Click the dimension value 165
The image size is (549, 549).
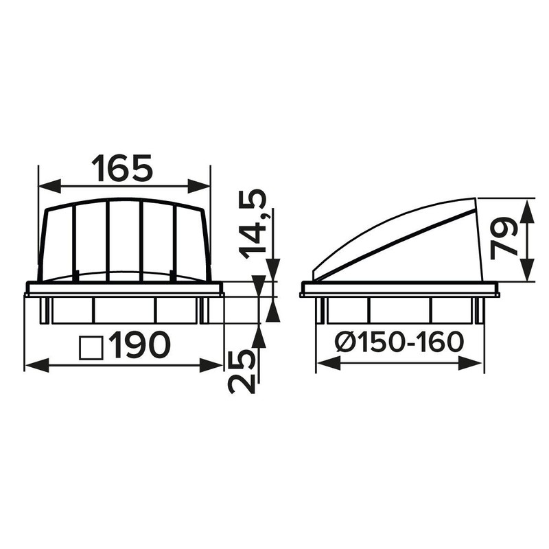pyautogui.click(x=122, y=169)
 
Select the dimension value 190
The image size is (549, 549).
pyautogui.click(x=140, y=345)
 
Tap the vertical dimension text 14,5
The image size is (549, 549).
pyautogui.click(x=253, y=224)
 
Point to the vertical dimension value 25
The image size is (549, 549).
pyautogui.click(x=242, y=372)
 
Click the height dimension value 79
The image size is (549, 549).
pyautogui.click(x=504, y=240)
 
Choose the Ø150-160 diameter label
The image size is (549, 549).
pyautogui.click(x=399, y=342)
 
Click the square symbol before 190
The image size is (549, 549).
pyautogui.click(x=91, y=348)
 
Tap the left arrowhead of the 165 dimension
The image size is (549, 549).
pyautogui.click(x=49, y=186)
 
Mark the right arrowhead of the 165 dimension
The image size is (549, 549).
pyautogui.click(x=199, y=186)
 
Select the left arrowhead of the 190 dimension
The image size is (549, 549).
pyautogui.click(x=37, y=365)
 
